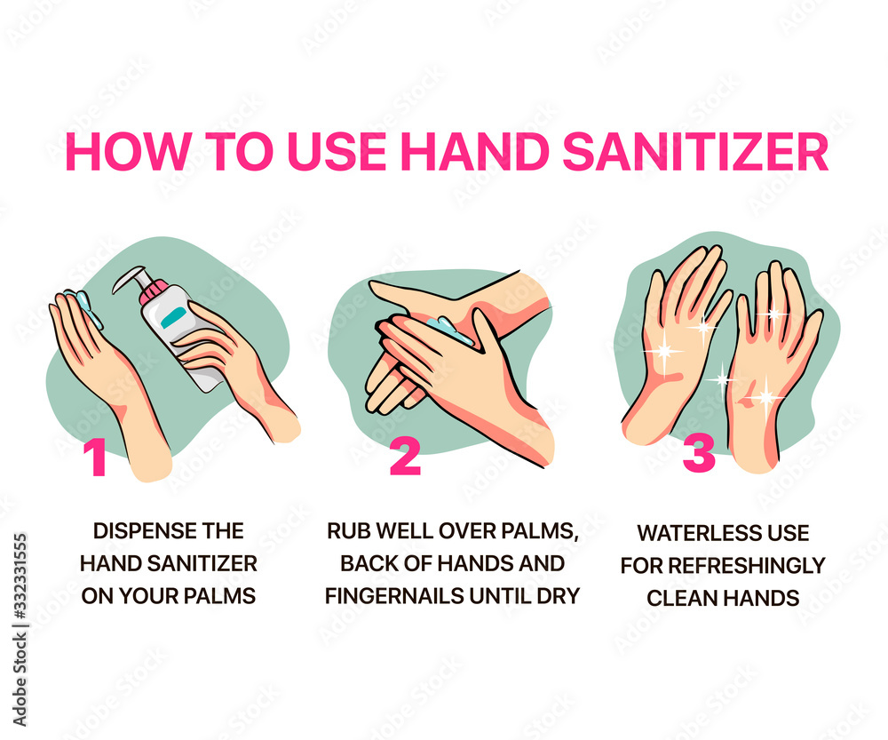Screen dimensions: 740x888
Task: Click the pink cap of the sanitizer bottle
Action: coord(156,291)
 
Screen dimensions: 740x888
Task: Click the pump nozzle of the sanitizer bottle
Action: coord(126,276)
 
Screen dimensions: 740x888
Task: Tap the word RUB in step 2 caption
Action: coord(346,531)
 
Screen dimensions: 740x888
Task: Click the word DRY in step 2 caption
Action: coord(558,595)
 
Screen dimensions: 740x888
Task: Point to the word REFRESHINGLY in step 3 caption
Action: coord(751,565)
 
